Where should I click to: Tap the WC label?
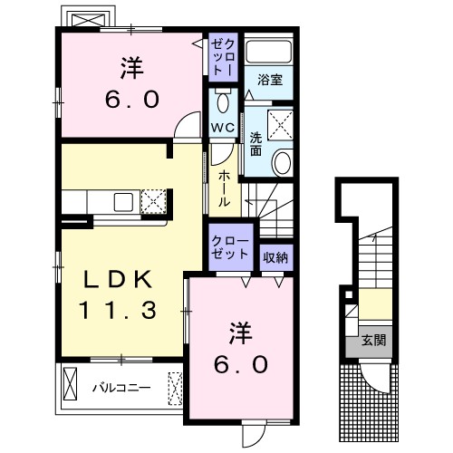point(222,127)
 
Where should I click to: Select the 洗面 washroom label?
point(256,143)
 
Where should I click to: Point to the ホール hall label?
point(224,188)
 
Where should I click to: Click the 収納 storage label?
point(275,257)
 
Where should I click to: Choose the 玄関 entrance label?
point(373,342)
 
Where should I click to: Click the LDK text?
point(109,278)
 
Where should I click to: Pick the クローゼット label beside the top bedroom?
point(226,57)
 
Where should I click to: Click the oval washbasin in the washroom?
point(283,164)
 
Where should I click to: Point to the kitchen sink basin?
point(123,201)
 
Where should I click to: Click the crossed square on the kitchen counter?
point(153,199)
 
